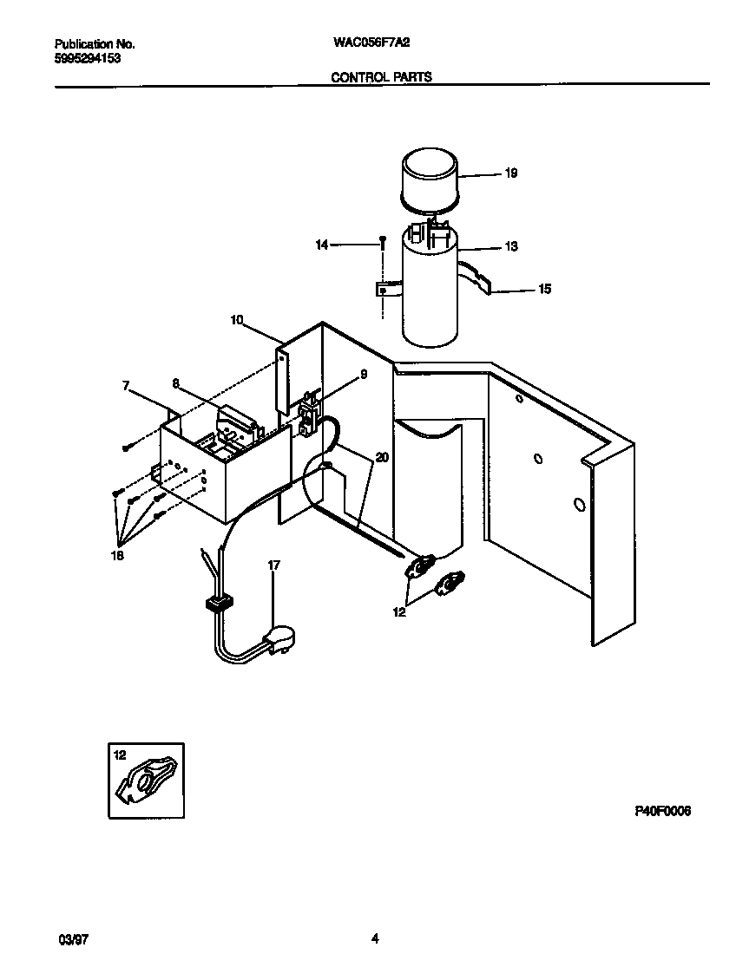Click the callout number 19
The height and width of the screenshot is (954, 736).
click(x=510, y=173)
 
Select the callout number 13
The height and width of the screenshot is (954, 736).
click(x=510, y=247)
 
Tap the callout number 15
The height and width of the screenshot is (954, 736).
click(x=544, y=290)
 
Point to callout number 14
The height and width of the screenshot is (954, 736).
click(x=321, y=246)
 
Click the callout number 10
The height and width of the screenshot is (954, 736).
click(x=236, y=320)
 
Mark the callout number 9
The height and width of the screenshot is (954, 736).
click(x=363, y=375)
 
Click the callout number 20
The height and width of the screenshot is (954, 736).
click(x=383, y=457)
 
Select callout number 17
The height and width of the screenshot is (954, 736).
click(x=273, y=565)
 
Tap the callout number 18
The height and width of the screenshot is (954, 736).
click(x=118, y=556)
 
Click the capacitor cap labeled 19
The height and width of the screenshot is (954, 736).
click(x=432, y=180)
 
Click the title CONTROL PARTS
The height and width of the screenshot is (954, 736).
click(x=381, y=77)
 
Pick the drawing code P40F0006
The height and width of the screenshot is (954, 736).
click(x=661, y=811)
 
